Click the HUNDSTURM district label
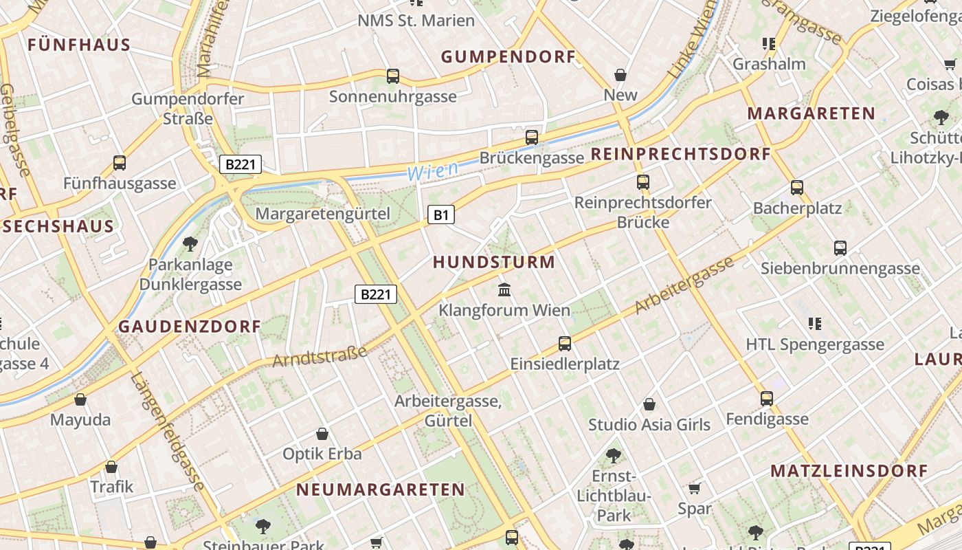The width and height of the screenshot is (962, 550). click(494, 262)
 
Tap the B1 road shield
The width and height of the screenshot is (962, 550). click(440, 215)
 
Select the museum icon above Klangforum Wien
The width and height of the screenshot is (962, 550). click(504, 289)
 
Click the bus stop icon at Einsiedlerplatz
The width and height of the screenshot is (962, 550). click(565, 343)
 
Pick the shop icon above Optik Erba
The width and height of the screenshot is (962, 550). click(322, 434)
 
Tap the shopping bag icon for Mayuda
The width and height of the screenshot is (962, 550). click(80, 399)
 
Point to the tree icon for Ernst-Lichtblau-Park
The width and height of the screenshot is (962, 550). click(614, 455)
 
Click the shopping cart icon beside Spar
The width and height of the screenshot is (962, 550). click(695, 488)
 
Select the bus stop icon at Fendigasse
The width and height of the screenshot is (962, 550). click(767, 398)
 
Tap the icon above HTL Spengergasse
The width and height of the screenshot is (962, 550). click(815, 323)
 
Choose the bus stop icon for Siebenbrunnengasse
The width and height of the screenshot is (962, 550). click(840, 247)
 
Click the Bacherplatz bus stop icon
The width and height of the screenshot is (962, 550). click(797, 187)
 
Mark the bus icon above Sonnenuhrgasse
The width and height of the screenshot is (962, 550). click(393, 76)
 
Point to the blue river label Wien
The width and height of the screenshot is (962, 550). click(433, 171)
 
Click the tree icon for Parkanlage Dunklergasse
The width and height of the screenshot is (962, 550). click(190, 243)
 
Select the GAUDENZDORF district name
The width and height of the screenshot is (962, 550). click(190, 327)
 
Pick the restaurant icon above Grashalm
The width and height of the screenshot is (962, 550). click(769, 44)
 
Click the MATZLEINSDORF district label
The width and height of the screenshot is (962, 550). click(849, 471)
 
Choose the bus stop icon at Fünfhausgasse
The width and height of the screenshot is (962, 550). click(120, 163)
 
